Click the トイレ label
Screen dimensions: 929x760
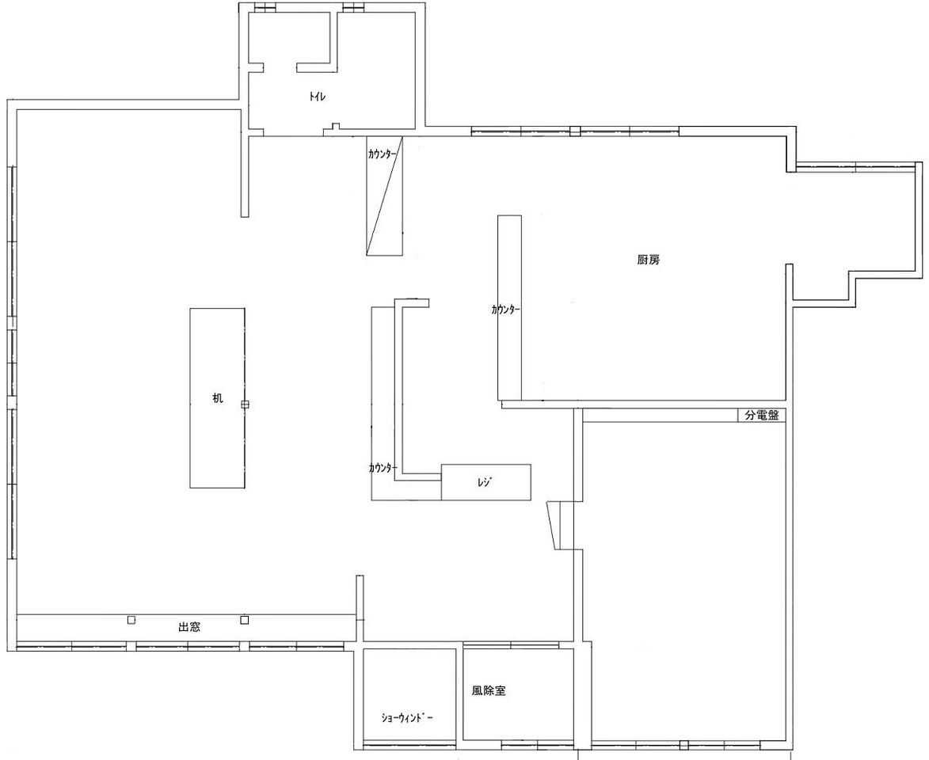(318, 97)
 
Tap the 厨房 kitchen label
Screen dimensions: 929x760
(648, 260)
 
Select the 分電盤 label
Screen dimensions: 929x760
(761, 416)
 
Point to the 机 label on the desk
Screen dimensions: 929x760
(218, 398)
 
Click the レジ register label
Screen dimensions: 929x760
(485, 482)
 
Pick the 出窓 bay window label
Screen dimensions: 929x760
(189, 627)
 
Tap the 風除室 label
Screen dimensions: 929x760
(489, 690)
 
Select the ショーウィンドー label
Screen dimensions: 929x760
(408, 719)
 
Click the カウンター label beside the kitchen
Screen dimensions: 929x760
(505, 310)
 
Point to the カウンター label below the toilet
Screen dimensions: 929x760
(383, 154)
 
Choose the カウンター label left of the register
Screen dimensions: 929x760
(383, 468)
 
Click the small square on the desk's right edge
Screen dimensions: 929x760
(246, 405)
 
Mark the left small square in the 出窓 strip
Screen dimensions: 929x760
(131, 620)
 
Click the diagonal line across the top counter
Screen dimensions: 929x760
(385, 196)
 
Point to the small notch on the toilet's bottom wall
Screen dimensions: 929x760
(335, 126)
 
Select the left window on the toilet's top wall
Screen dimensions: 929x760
(261, 8)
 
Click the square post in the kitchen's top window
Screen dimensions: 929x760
(575, 131)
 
